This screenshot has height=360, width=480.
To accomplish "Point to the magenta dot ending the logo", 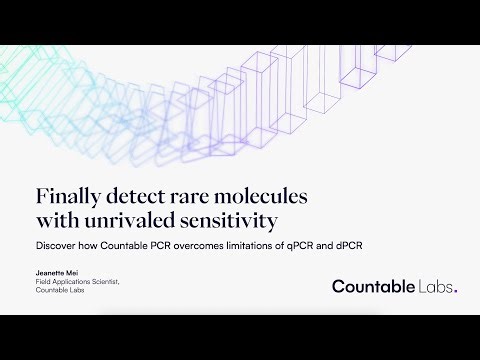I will (458, 292).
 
